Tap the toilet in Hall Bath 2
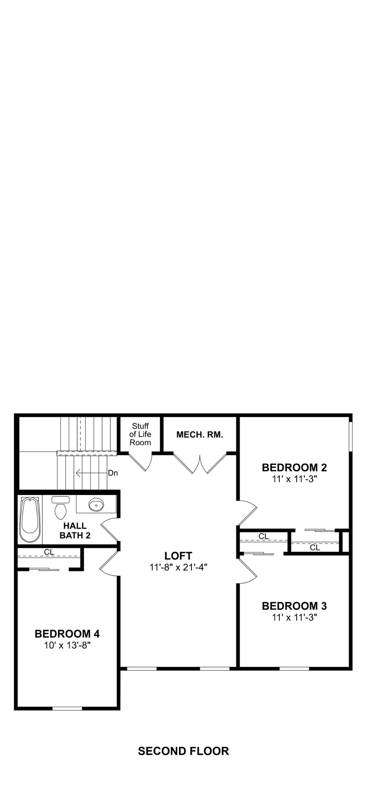[x=60, y=508]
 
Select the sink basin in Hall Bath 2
[x=96, y=505]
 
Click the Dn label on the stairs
[x=113, y=473]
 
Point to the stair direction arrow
[x=91, y=473]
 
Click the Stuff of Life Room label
[x=140, y=434]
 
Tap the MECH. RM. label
[x=200, y=435]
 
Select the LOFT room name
[x=178, y=556]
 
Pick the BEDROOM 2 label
[x=294, y=468]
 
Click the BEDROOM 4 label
[x=67, y=634]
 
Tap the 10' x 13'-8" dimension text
[x=67, y=645]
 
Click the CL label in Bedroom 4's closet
[x=49, y=552]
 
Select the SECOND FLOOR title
[x=183, y=751]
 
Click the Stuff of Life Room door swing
[x=142, y=462]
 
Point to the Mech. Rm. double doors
[x=200, y=464]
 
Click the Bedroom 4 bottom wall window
[x=67, y=708]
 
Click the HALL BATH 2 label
[x=75, y=531]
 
